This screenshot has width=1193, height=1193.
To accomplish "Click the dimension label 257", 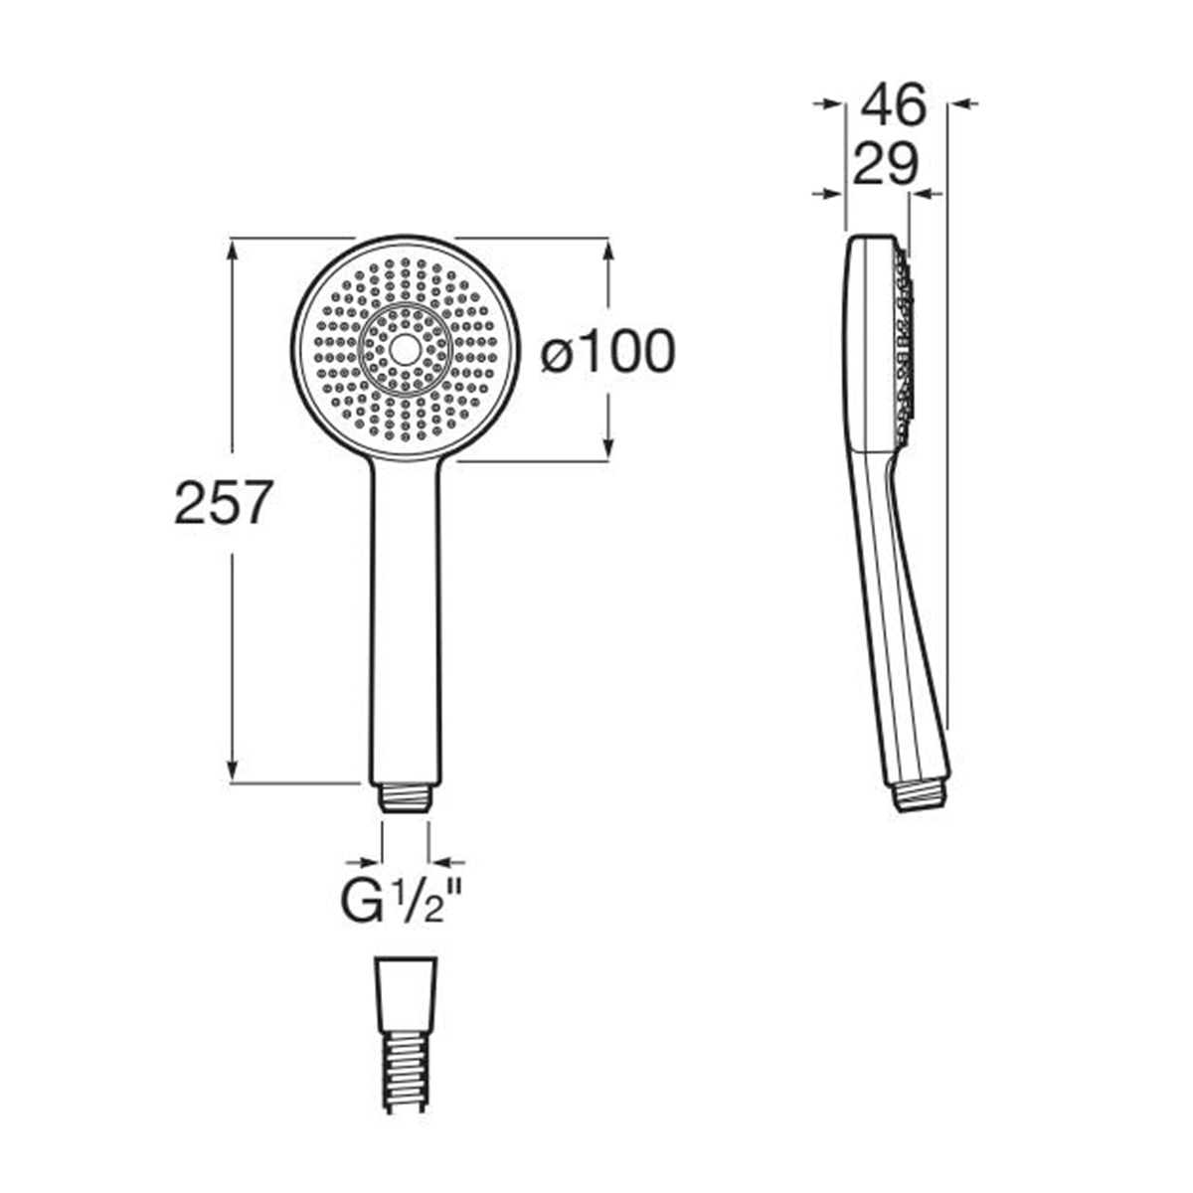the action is [x=223, y=502].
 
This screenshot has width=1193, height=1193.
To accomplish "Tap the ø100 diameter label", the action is [x=607, y=351].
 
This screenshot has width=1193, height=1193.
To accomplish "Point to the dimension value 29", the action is [x=886, y=164].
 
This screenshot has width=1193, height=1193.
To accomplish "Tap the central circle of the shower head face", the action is [x=404, y=351].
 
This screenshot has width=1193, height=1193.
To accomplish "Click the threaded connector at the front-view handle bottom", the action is [x=406, y=798].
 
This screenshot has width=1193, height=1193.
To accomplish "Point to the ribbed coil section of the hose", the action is [x=406, y=1069].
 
